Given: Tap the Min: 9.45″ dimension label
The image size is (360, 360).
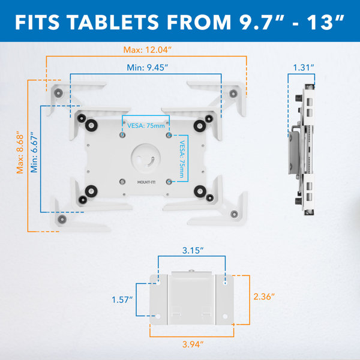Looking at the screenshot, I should pos(147,67).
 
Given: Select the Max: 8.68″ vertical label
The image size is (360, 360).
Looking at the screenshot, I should pos(20,152).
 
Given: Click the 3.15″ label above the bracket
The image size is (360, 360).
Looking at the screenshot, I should pos(192,249).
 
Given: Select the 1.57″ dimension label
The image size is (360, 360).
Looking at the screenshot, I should pos(122,298).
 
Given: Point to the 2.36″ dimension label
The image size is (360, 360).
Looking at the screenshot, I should pos(264,296).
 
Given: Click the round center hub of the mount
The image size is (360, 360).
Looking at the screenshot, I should pos(146,157).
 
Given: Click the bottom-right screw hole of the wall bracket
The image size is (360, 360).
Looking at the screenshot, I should pos(226,315).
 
